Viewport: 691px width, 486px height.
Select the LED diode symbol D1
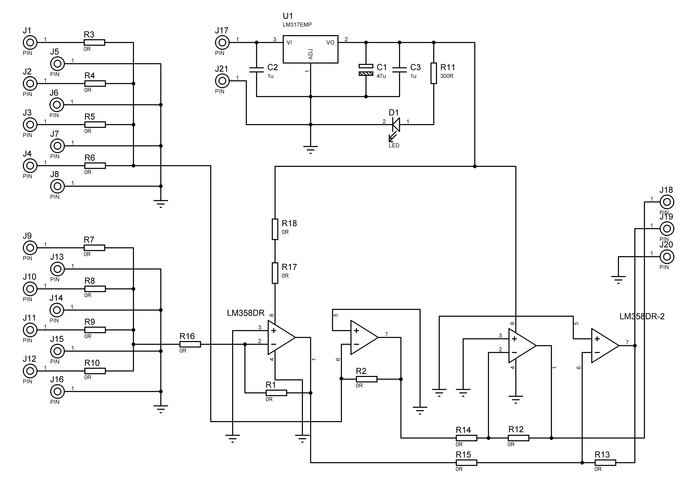(396, 124)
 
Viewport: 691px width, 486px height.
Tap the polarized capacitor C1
(366, 70)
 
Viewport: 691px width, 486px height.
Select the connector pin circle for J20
(667, 257)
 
